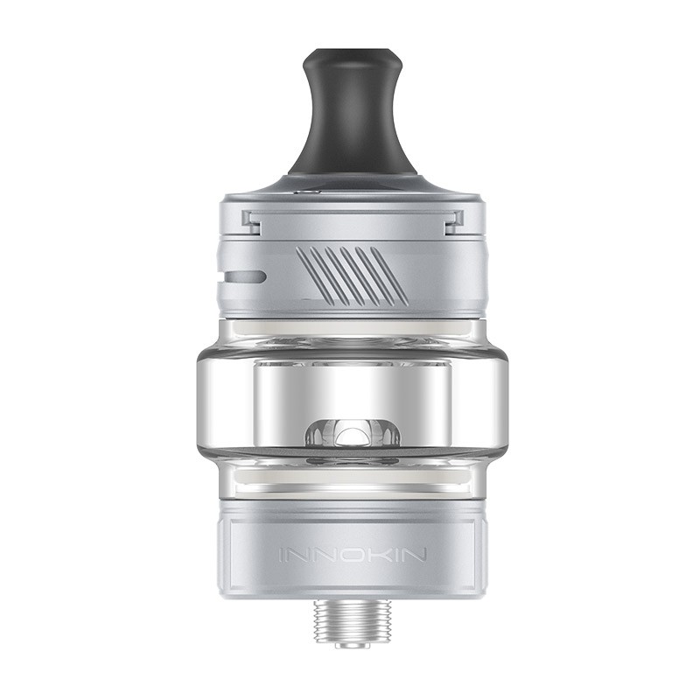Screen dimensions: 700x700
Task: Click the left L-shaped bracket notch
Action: point(251,222)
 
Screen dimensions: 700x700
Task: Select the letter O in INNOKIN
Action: point(350,555)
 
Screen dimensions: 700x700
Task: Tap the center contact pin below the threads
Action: point(350,644)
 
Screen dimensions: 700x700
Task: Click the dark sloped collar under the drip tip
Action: point(350,179)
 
